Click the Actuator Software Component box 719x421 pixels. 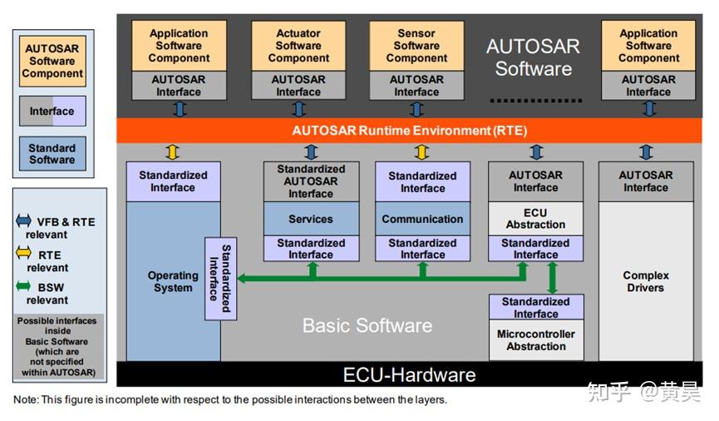pyautogui.click(x=298, y=46)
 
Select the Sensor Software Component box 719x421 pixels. pyautogui.click(x=416, y=46)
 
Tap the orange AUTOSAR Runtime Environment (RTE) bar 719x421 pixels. pyautogui.click(x=409, y=131)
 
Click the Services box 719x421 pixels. pyautogui.click(x=311, y=219)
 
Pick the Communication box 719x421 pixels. pyautogui.click(x=422, y=219)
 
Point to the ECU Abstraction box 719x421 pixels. pyautogui.click(x=535, y=219)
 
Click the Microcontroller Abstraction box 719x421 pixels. pyautogui.click(x=536, y=340)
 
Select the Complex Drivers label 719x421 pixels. pyautogui.click(x=646, y=281)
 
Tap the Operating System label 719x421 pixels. pyautogui.click(x=173, y=281)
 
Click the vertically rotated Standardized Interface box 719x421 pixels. pyautogui.click(x=220, y=279)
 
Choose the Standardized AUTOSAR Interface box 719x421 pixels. pyautogui.click(x=311, y=181)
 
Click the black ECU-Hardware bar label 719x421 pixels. pyautogui.click(x=409, y=375)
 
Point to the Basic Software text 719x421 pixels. pyautogui.click(x=367, y=325)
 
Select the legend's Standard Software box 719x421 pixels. pyautogui.click(x=52, y=154)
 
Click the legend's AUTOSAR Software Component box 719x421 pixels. pyautogui.click(x=52, y=61)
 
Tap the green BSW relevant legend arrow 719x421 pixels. pyautogui.click(x=23, y=286)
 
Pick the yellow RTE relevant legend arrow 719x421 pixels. pyautogui.click(x=23, y=252)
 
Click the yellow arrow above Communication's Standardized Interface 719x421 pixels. pyautogui.click(x=422, y=152)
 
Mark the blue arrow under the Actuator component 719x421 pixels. pyautogui.click(x=299, y=109)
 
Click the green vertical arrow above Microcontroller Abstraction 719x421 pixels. pyautogui.click(x=553, y=278)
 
